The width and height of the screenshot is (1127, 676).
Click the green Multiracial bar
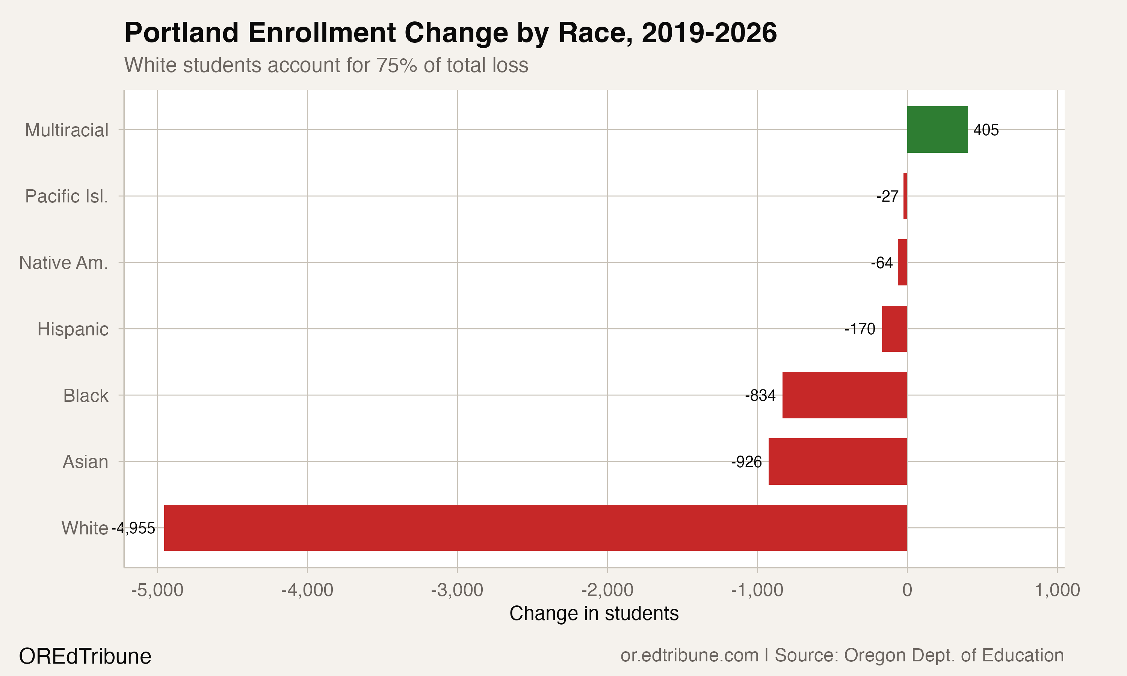(x=937, y=130)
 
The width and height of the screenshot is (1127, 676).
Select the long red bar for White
(x=535, y=528)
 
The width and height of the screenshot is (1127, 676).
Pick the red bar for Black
(x=844, y=395)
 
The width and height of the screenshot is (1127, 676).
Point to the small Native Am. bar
(x=902, y=263)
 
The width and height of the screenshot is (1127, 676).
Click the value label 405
(x=986, y=130)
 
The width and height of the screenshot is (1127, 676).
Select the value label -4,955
(x=133, y=528)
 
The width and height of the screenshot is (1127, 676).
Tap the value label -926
(x=746, y=462)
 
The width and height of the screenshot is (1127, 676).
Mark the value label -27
(x=887, y=196)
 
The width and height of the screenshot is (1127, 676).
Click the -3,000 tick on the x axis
(x=457, y=590)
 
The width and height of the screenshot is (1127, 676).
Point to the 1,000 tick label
(x=1057, y=590)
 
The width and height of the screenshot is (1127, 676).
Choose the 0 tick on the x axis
(x=907, y=590)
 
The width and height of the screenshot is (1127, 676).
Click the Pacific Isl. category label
(x=66, y=196)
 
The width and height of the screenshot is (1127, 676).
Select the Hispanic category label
(x=73, y=329)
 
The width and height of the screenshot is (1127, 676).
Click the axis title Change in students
(x=594, y=614)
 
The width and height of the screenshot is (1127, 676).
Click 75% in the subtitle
(x=396, y=65)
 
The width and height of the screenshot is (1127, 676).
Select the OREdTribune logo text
(x=85, y=656)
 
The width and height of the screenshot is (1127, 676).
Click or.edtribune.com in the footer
(x=689, y=655)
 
